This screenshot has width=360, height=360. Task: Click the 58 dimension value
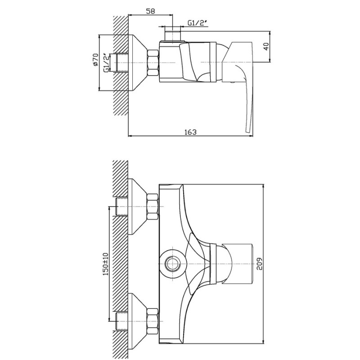pos(150,11)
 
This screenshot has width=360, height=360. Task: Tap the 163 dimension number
pos(190,132)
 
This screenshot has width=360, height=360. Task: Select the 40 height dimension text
pos(266,46)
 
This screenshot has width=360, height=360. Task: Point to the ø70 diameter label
pos(95,60)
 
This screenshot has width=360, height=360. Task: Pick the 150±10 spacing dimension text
pos(105,264)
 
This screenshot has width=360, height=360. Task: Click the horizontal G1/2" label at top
pos(198,23)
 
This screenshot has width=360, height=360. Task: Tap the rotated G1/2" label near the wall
pos(106,63)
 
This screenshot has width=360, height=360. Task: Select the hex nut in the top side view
pos(153,63)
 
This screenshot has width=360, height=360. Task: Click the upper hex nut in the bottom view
pos(153,207)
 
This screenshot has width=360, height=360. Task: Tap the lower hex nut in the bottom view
pos(153,321)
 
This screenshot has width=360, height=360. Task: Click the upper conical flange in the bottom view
pos(138,207)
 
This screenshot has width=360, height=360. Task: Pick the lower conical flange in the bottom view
pos(138,321)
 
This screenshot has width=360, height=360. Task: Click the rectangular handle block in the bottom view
pos(238,264)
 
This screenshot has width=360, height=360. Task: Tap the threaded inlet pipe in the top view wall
pos(122,63)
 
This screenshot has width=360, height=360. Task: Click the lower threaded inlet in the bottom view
pos(122,321)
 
